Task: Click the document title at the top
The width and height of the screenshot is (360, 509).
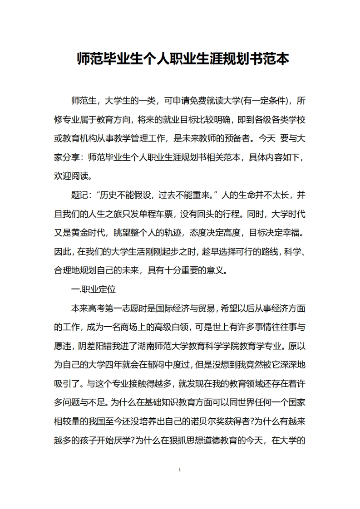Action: tap(183, 59)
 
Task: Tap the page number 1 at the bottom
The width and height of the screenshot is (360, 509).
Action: tap(180, 469)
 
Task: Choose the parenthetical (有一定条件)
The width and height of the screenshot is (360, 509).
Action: tap(264, 100)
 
